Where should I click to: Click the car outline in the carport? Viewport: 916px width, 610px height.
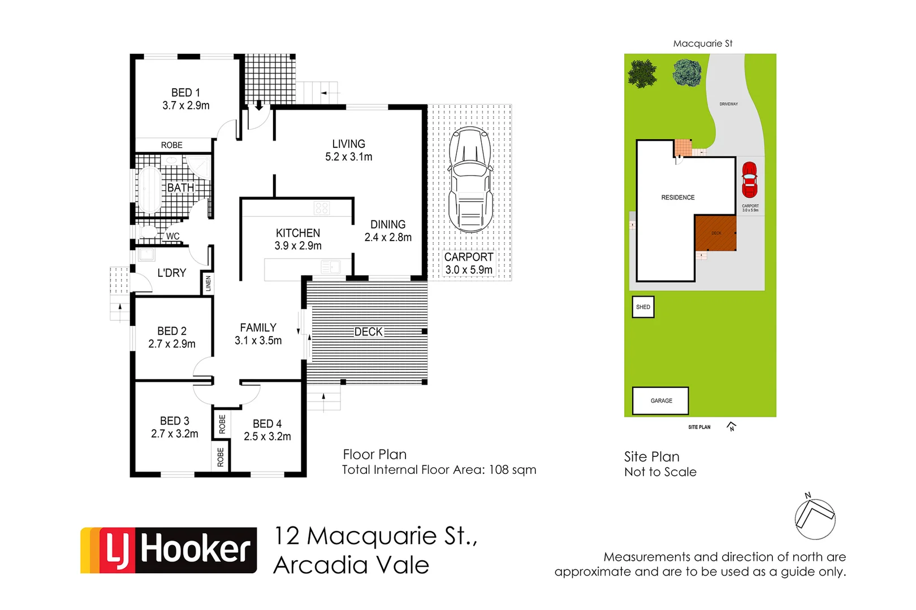coord(470,180)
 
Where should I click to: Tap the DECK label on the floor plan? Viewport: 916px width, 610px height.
coord(369,332)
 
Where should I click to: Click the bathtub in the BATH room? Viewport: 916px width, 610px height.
coord(150,189)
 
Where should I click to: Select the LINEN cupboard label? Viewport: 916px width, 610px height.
coord(208,284)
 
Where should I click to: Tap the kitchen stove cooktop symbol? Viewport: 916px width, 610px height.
coord(322,208)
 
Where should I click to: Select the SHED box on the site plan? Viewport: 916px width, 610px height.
coord(643,307)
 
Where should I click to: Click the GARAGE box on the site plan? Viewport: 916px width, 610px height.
coord(660,401)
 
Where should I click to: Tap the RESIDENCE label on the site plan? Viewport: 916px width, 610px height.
coord(678,198)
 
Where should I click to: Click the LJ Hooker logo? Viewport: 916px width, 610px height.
coord(168,550)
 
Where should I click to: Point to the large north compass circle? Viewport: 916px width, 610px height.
coord(815,519)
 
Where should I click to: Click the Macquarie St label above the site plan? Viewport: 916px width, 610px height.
coord(702,43)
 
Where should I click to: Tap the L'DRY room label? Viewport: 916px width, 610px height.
coord(171,273)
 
